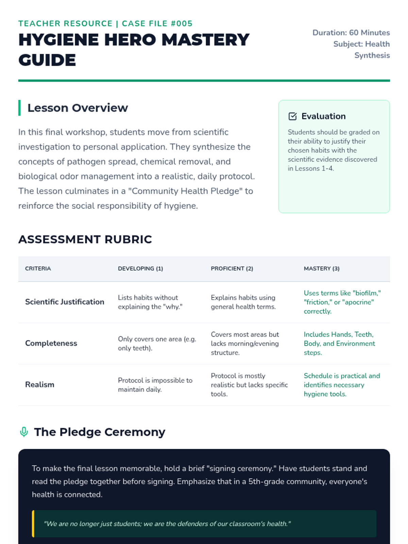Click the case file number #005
182,23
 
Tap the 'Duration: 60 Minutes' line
351,33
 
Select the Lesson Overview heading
78,108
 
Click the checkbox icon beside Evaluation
292,116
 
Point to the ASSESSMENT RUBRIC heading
85,239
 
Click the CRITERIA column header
38,269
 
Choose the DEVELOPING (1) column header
140,269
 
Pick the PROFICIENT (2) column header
232,269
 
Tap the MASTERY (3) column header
322,269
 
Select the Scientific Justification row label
65,302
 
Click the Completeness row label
51,343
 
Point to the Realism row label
40,385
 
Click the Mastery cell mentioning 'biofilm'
342,302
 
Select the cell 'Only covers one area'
157,343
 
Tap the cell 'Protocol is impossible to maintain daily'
155,385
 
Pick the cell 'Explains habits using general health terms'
243,302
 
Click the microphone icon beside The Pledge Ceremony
24,432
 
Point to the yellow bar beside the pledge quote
33,524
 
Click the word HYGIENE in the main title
58,40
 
